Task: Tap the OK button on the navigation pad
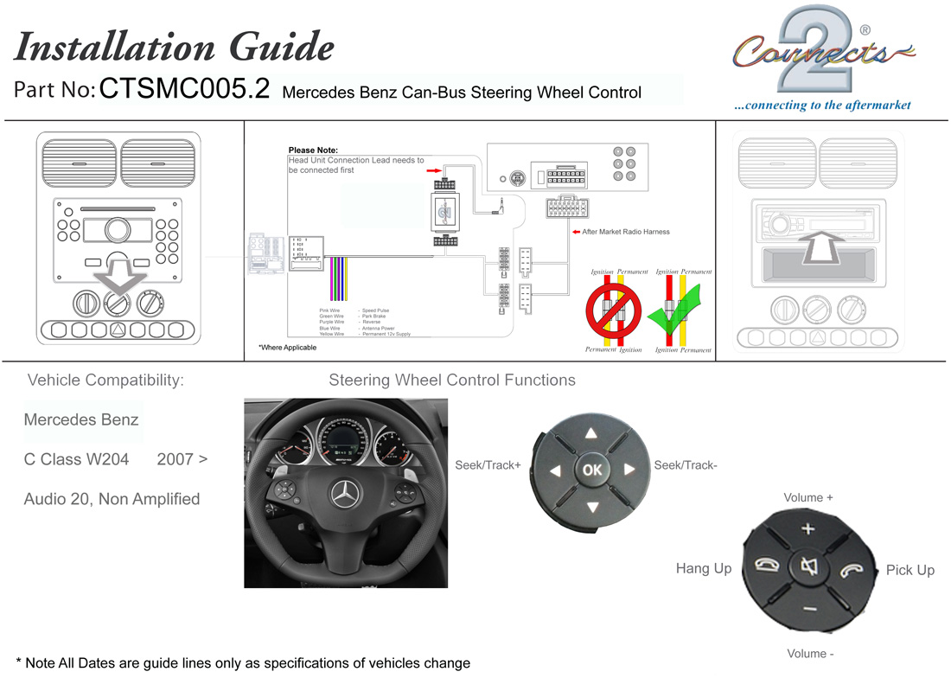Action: point(592,470)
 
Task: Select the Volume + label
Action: point(808,498)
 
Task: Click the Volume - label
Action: point(808,654)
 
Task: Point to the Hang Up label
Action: point(703,568)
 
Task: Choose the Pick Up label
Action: point(910,570)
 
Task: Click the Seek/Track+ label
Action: point(488,465)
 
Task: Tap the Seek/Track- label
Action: point(686,465)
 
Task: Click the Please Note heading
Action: point(313,150)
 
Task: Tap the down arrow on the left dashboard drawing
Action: point(118,275)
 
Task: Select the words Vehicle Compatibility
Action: point(105,380)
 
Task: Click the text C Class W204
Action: point(76,459)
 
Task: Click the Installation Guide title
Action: point(174,47)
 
